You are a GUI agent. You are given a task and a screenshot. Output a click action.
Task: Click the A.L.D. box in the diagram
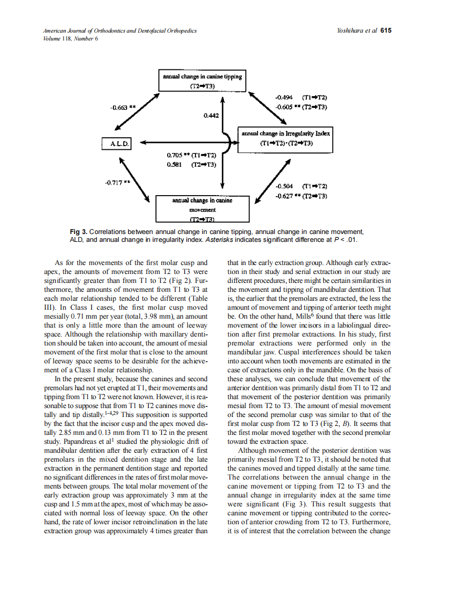tap(116, 143)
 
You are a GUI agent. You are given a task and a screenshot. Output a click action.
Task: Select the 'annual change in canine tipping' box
tap(202, 81)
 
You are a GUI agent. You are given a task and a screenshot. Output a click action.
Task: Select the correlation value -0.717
tap(115, 182)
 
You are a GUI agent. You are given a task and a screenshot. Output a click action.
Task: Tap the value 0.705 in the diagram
tap(175, 155)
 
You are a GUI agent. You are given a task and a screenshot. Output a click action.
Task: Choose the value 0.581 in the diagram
tap(175, 164)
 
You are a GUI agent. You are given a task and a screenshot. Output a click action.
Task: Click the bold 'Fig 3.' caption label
tap(78, 232)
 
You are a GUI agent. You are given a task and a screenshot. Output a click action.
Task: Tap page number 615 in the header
tap(386, 30)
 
